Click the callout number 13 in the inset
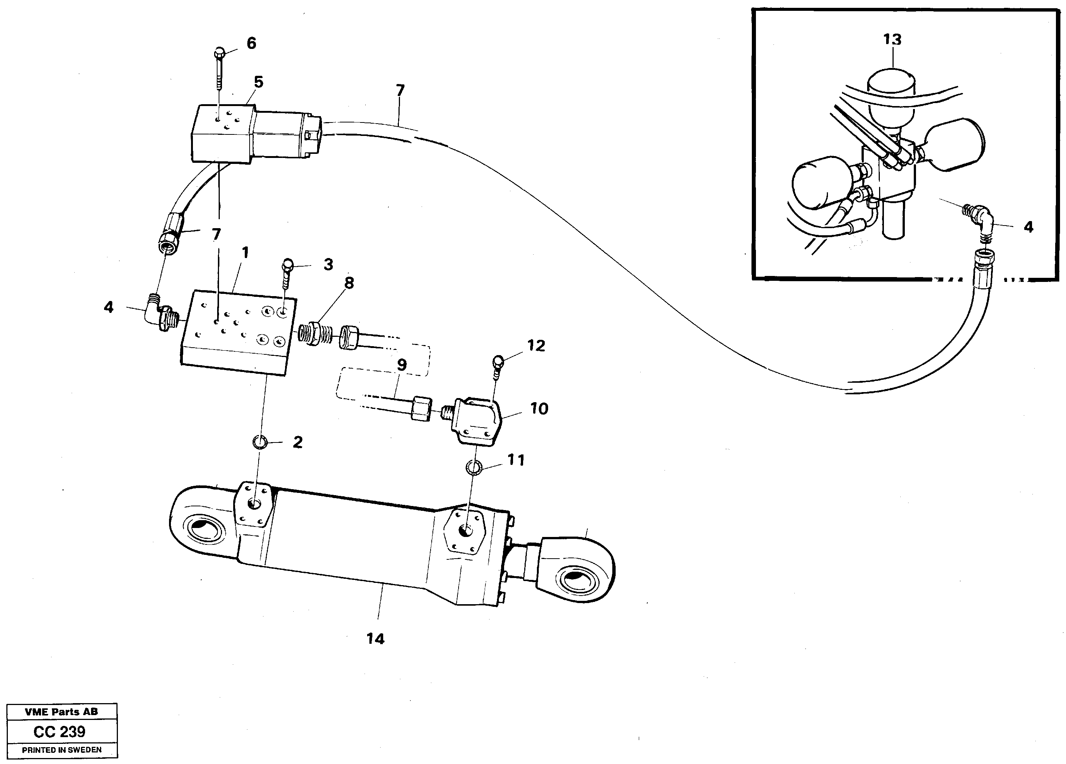[892, 40]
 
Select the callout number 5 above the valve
[259, 82]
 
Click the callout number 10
[539, 409]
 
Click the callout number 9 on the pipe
[401, 364]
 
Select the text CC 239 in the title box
[59, 732]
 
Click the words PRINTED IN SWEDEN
[62, 750]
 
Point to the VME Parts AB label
[62, 712]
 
